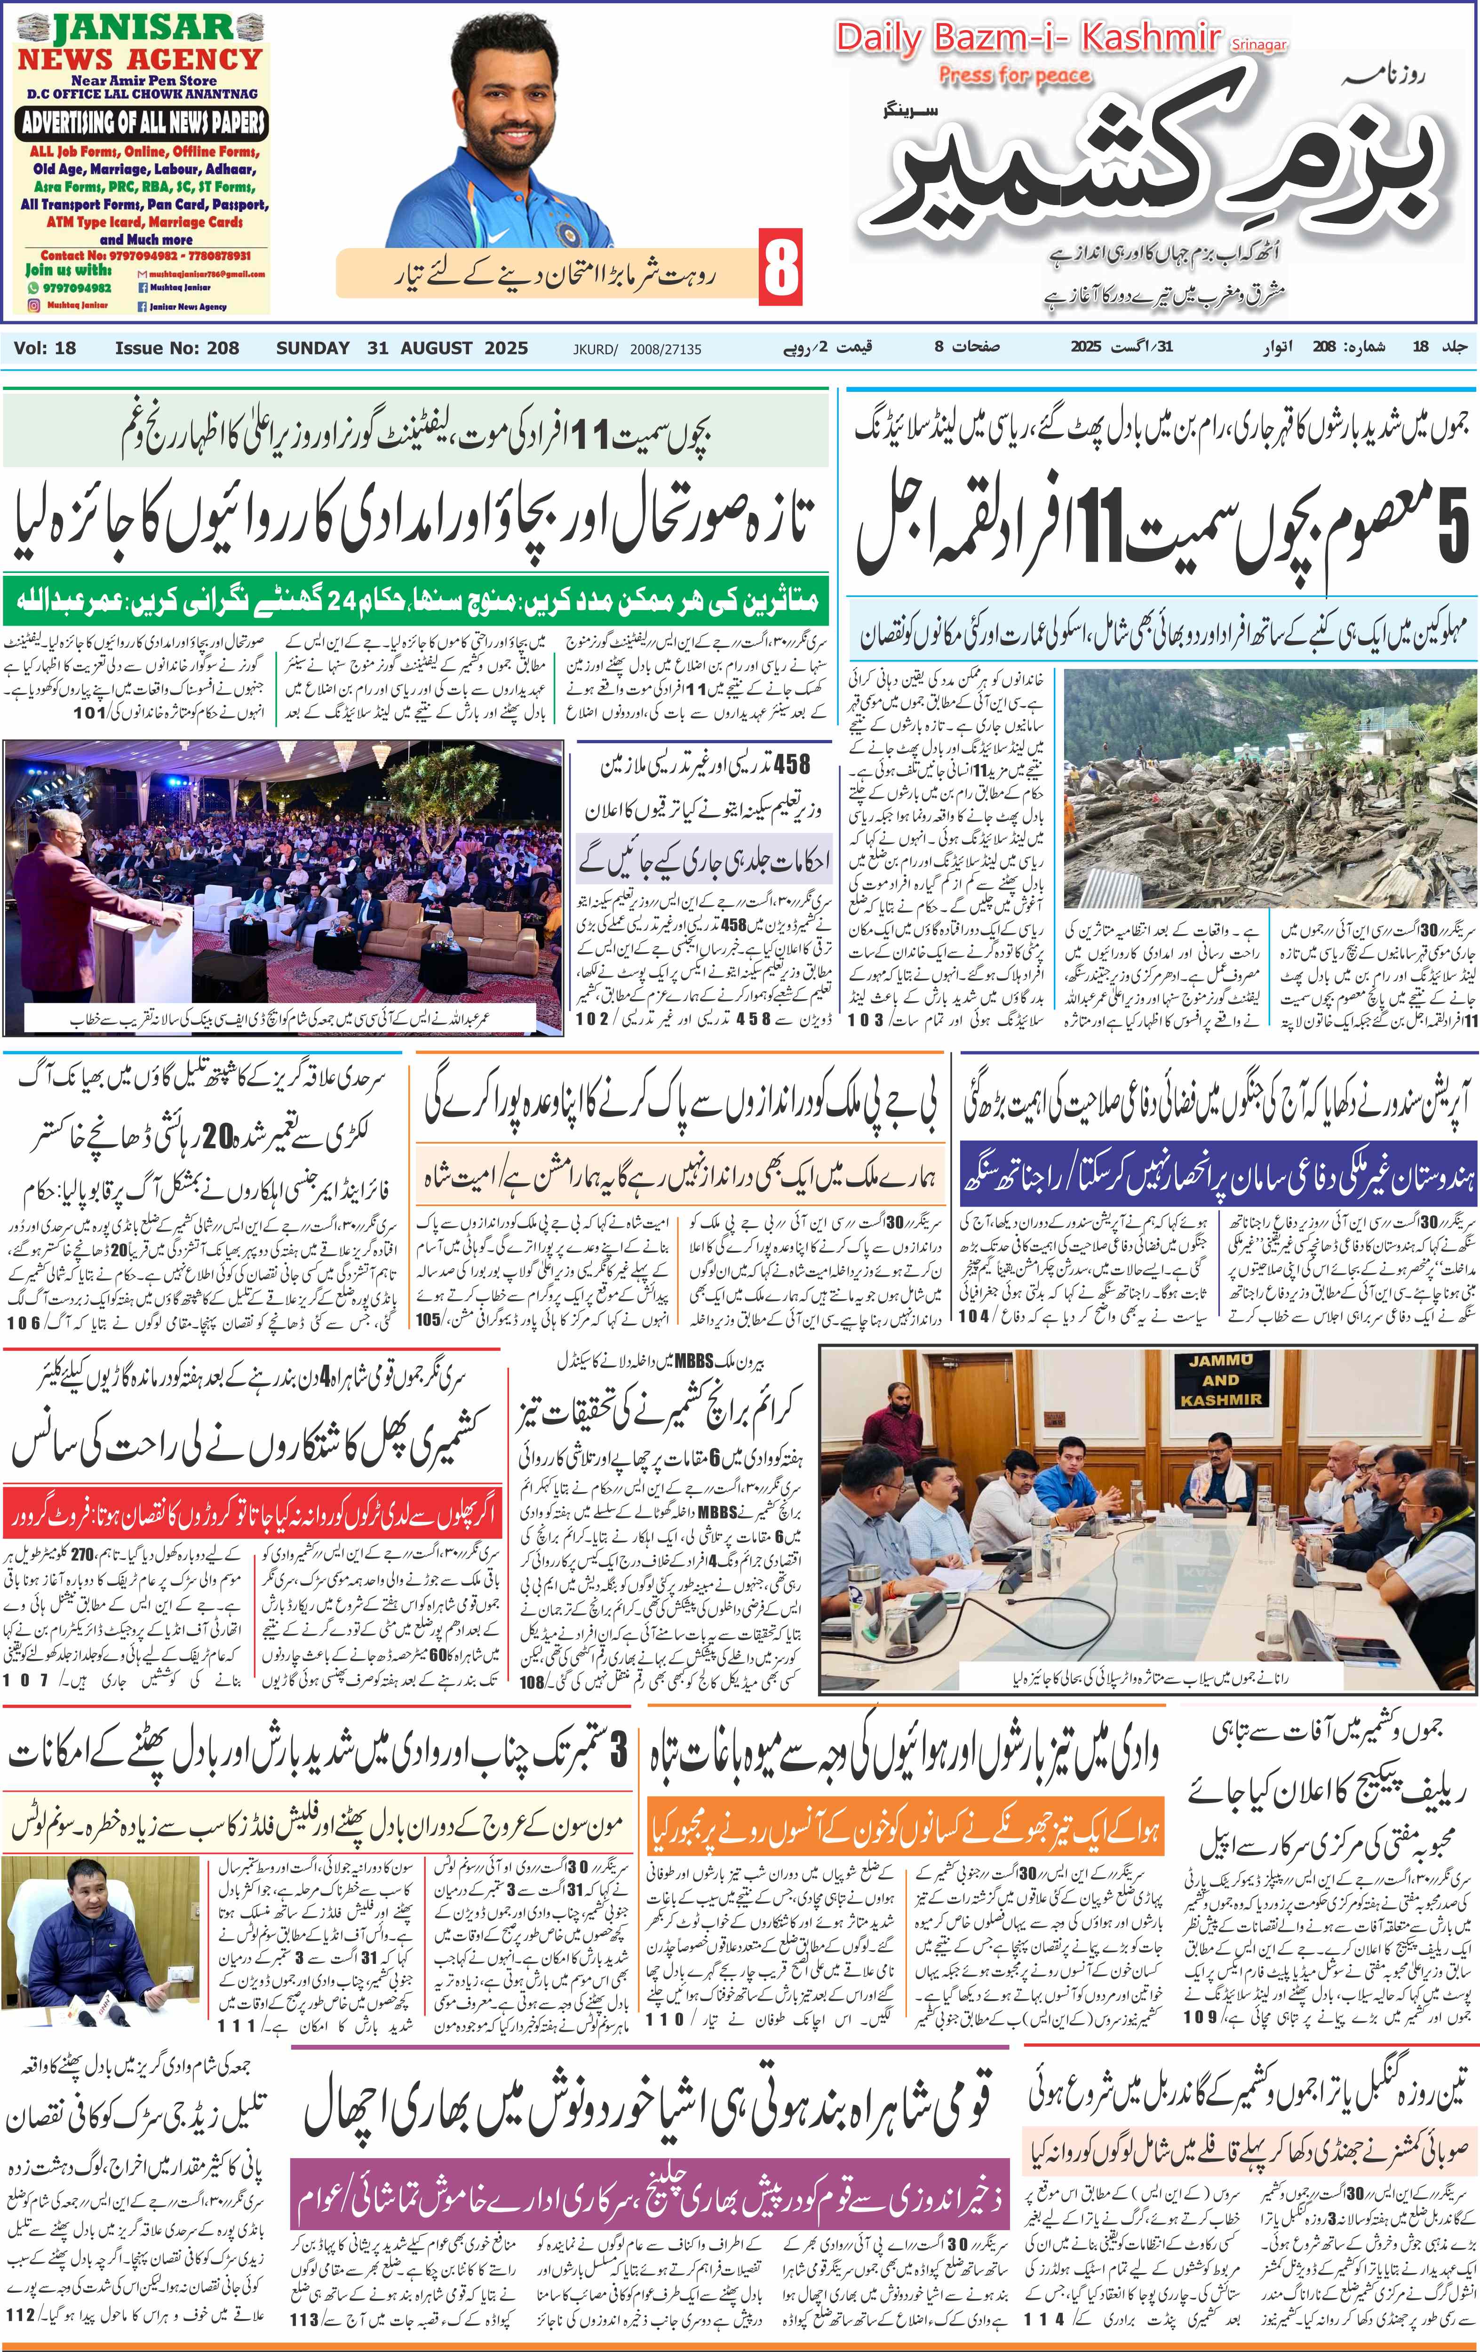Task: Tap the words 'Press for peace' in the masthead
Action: pos(1014,75)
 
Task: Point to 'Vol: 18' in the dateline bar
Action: pos(45,348)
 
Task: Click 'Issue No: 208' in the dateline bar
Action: pos(177,348)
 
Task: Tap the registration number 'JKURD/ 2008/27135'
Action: pos(637,349)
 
